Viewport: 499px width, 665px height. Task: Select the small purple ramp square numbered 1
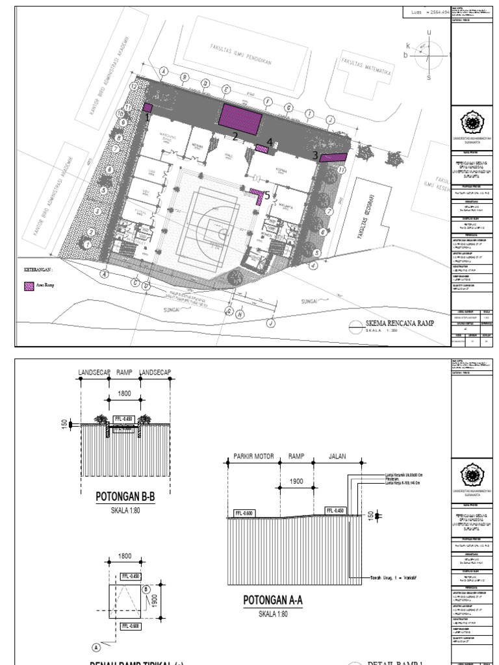click(147, 108)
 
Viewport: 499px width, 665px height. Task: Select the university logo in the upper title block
click(472, 121)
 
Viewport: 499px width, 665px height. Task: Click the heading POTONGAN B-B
click(125, 497)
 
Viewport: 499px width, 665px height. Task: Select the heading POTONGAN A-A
click(272, 600)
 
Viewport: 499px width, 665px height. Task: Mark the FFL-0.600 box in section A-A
click(245, 513)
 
